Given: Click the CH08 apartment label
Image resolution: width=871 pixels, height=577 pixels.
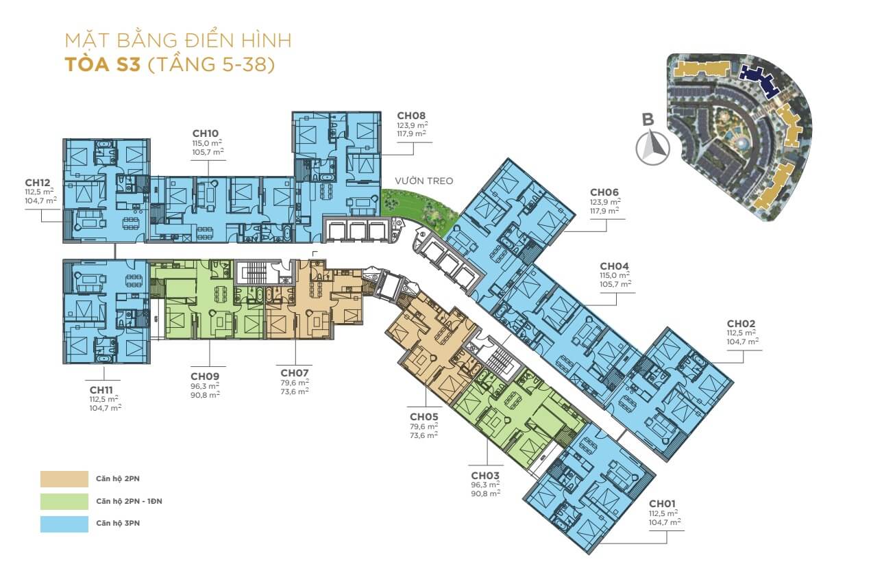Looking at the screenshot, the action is [411, 116].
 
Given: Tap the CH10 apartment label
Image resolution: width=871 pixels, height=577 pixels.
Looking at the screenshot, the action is [205, 133].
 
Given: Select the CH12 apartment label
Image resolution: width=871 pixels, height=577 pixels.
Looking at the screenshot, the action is [38, 183].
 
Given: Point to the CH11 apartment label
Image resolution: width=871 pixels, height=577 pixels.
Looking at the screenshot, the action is [101, 390].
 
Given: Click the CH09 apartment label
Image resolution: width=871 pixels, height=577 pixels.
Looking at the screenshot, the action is [205, 376].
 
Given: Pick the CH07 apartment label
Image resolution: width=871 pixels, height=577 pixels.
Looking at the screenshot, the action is [295, 373].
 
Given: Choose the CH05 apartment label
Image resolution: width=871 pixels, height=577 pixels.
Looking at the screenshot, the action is [424, 417].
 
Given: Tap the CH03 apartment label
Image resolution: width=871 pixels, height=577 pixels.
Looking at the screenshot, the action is [485, 476].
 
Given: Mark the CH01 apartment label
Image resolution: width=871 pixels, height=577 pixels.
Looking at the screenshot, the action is [662, 504].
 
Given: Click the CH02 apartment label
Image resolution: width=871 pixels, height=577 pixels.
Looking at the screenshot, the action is [741, 324].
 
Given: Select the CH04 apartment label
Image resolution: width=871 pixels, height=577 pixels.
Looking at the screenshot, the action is [614, 266].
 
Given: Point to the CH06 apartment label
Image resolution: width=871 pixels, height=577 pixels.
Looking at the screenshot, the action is [604, 192].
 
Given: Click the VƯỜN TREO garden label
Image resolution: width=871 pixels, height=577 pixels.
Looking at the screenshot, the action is [424, 181].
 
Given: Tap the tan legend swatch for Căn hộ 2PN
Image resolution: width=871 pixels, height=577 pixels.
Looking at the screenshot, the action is [64, 478].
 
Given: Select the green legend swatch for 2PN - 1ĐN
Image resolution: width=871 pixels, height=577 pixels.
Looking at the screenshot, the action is [64, 501].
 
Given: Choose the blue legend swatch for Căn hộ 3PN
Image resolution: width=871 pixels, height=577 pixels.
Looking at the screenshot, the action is [64, 524].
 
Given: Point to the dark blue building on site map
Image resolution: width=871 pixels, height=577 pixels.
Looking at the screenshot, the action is [759, 81].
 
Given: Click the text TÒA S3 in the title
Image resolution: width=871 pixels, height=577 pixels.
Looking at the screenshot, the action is [103, 64].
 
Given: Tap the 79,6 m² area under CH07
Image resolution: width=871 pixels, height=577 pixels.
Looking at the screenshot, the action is [295, 383].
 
